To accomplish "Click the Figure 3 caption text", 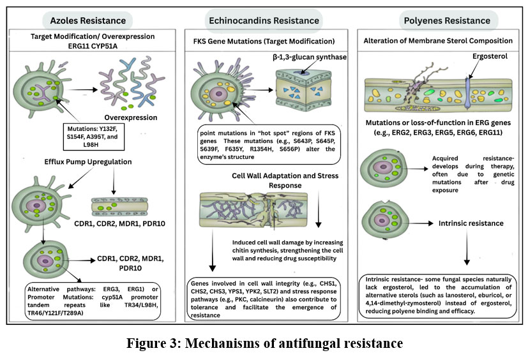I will coord(264,343).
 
